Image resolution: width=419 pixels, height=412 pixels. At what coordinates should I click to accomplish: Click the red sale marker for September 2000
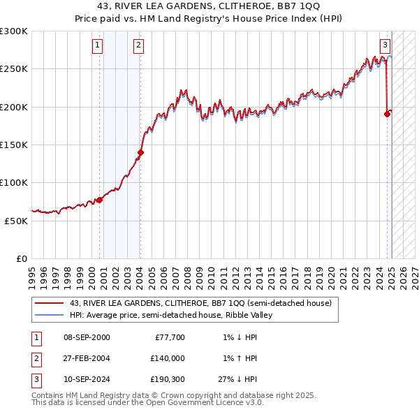coord(99,200)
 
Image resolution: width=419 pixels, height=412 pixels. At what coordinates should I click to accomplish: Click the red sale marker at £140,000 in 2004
coord(140,152)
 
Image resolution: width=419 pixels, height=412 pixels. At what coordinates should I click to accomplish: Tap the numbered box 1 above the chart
coord(97,46)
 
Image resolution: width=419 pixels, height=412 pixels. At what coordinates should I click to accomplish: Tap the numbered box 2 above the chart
coord(139,46)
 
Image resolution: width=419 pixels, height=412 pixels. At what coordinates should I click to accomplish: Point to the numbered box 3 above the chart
coord(385,46)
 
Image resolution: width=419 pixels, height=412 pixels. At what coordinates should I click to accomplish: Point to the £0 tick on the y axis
coord(22,258)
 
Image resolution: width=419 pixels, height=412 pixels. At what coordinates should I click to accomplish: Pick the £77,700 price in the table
coord(168,337)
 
